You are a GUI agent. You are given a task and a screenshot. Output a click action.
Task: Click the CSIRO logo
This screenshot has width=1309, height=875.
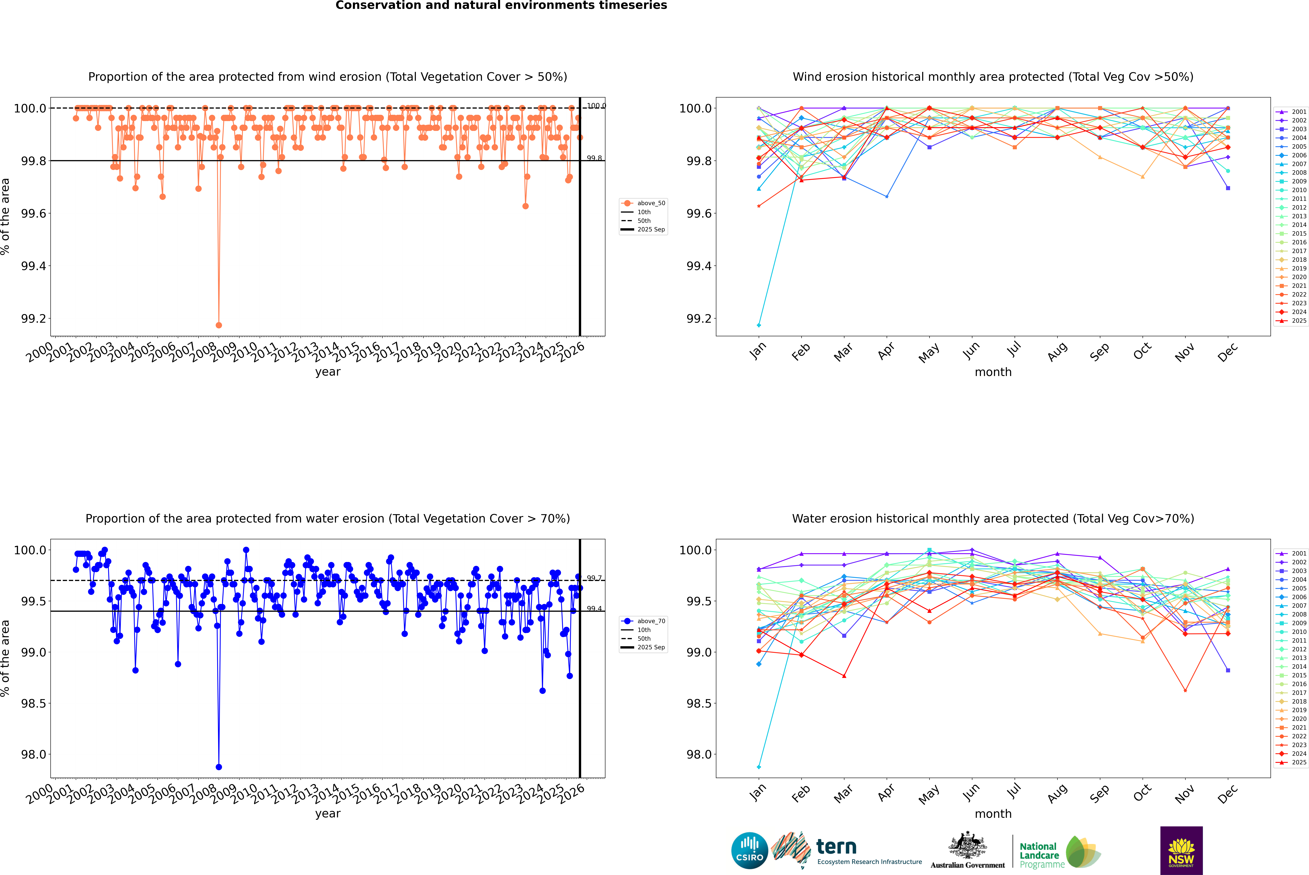pyautogui.click(x=749, y=850)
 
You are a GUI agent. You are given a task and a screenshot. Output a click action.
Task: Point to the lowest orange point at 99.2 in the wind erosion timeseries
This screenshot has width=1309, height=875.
pyautogui.click(x=219, y=325)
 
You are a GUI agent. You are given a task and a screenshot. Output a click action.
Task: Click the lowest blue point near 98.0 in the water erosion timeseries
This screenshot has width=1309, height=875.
pyautogui.click(x=219, y=767)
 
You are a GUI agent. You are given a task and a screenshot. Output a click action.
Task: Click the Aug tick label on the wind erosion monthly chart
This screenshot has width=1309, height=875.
pyautogui.click(x=1057, y=351)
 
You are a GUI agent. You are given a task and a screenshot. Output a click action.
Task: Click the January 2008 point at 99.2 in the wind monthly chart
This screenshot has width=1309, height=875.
pyautogui.click(x=759, y=325)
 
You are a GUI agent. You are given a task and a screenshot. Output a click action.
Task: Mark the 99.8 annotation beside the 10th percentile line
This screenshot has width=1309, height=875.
pyautogui.click(x=594, y=158)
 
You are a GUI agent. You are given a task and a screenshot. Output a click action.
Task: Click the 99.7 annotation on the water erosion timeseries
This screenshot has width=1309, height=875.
pyautogui.click(x=594, y=578)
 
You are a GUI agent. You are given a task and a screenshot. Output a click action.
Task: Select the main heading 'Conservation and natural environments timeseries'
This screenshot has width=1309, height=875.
pyautogui.click(x=501, y=6)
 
